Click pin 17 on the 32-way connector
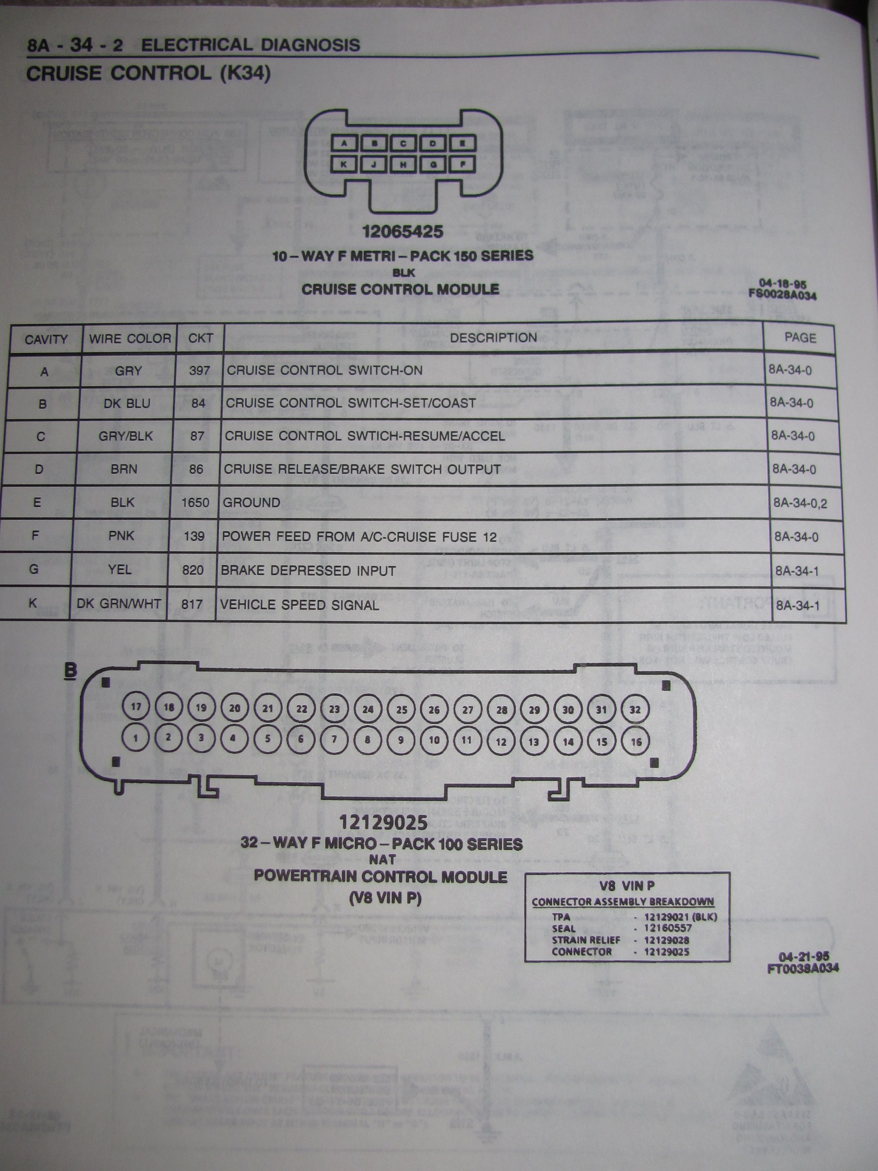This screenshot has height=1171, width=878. coord(136,706)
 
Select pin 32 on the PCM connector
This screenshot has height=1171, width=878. coord(635,710)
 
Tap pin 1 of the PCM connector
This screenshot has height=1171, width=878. coord(136,738)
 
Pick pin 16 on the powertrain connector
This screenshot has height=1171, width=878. coord(636,742)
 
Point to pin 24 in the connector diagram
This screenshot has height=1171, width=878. coord(368,709)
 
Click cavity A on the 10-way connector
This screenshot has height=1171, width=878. coord(345,143)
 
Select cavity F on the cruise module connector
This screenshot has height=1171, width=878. coord(463,164)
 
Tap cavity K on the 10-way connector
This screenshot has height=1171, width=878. coord(344,164)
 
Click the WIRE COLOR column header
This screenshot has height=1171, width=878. coord(130,338)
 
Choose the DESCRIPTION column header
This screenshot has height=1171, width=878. coord(493,338)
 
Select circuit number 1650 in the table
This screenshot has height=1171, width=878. coord(195,503)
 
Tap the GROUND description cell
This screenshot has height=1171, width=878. coord(251,503)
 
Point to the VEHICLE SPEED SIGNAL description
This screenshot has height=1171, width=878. coord(299,605)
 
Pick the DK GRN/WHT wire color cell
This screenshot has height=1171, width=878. coord(119,604)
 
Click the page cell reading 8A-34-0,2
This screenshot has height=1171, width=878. coord(800,503)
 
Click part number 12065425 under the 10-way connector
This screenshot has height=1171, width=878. coord(403,231)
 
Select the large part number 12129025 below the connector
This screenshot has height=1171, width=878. coord(383,822)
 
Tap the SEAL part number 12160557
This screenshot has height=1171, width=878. coord(668,928)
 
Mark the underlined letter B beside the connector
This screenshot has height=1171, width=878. coord(71,671)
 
